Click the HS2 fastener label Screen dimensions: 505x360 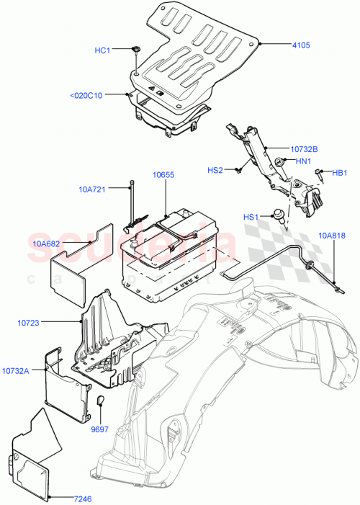(215, 170)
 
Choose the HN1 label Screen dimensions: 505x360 (303, 161)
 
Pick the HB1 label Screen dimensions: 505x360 (340, 173)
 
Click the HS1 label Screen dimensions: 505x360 (251, 217)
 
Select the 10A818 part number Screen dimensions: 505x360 (333, 236)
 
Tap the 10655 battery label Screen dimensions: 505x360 (163, 175)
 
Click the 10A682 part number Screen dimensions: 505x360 (46, 243)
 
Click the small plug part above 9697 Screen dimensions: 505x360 (100, 400)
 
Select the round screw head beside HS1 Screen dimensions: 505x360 (275, 213)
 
